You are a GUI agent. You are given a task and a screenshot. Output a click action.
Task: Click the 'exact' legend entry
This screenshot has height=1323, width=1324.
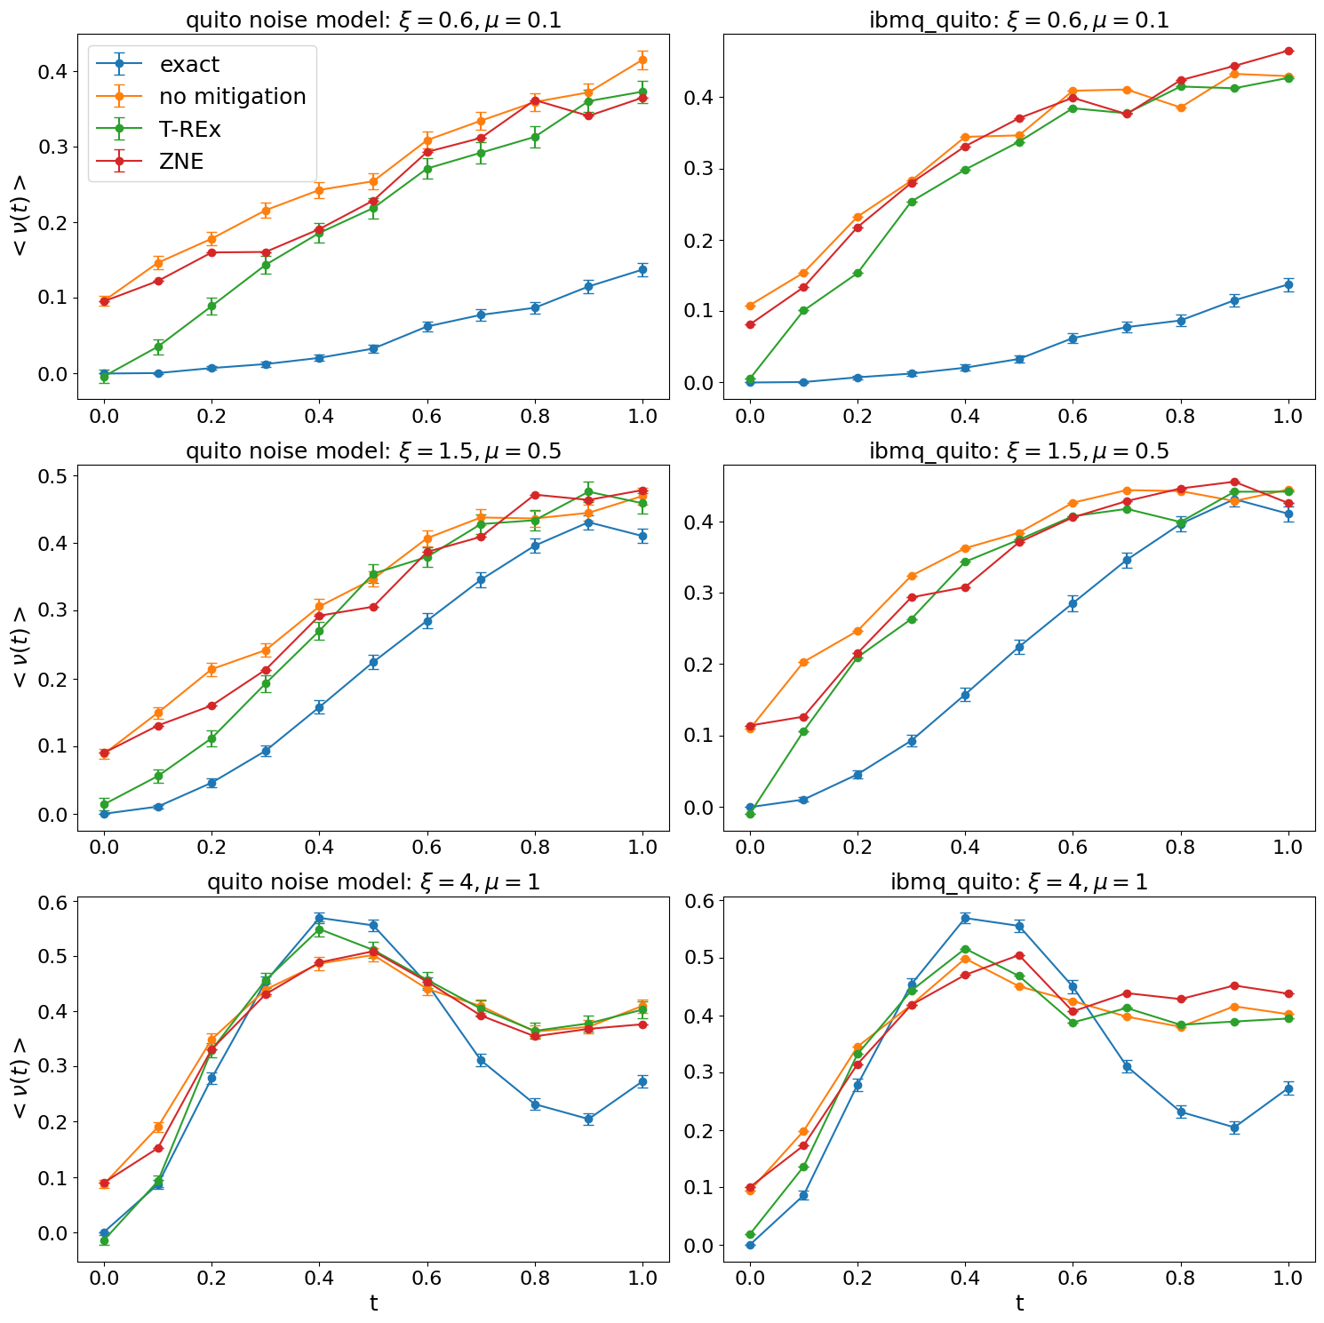tap(189, 64)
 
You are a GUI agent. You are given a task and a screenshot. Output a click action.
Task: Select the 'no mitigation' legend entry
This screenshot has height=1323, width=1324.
tap(232, 96)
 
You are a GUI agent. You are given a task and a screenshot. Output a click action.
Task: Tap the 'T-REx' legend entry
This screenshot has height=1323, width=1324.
tap(190, 129)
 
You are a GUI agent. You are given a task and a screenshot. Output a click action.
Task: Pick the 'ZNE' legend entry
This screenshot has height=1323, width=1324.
tap(181, 161)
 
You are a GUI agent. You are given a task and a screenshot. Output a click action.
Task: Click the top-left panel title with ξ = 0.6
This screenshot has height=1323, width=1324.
tap(373, 20)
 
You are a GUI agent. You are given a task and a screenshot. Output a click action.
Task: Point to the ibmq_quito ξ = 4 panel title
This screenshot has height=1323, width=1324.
tap(1019, 881)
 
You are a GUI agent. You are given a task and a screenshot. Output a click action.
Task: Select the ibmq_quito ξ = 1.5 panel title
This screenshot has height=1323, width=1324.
tap(1019, 450)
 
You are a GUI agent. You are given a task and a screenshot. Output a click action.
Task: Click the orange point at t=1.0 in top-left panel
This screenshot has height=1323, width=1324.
tap(642, 60)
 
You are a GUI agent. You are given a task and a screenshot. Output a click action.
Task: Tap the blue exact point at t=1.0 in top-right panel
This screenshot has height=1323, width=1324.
tap(1288, 284)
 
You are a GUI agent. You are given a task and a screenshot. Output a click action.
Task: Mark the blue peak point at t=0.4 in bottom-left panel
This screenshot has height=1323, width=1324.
tap(319, 918)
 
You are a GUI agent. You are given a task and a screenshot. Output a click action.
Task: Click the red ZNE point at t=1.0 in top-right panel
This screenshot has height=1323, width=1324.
tap(1288, 51)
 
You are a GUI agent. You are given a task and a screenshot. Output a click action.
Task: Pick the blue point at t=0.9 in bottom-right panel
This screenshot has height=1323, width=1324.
tap(1234, 1128)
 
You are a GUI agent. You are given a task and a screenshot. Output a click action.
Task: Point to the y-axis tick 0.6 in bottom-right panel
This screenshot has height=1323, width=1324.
tap(702, 901)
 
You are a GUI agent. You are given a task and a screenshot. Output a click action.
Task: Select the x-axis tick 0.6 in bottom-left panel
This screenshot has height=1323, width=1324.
tap(427, 1278)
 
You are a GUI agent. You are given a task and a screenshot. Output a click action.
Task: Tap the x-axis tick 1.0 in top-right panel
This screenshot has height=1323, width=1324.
tap(1288, 415)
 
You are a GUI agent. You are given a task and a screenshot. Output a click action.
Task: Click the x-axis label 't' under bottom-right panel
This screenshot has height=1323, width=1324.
tap(1019, 1303)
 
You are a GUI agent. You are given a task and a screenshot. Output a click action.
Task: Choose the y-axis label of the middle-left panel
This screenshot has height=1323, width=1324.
tap(20, 647)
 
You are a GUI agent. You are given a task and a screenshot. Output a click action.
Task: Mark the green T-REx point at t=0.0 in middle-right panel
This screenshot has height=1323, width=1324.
tap(750, 813)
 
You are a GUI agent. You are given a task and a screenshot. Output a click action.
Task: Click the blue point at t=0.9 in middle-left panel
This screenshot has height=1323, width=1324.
tap(588, 522)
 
